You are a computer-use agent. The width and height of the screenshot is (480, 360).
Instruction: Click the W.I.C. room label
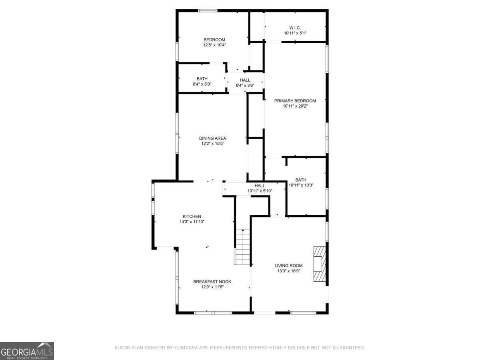click(x=295, y=28)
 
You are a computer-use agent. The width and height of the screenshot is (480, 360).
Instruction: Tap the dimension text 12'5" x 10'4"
click(x=214, y=45)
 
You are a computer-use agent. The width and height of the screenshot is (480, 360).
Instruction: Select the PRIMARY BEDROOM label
click(x=295, y=101)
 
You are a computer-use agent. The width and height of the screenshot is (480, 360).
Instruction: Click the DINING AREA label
click(x=212, y=138)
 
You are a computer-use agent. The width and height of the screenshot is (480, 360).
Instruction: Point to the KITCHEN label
click(x=192, y=216)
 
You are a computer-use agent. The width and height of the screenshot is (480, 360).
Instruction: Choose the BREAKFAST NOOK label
click(x=212, y=282)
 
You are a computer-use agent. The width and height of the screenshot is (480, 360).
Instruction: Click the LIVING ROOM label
click(x=288, y=266)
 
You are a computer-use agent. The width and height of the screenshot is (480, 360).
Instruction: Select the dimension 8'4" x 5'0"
click(x=202, y=84)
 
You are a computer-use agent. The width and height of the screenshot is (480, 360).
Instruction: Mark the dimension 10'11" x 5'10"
click(x=260, y=191)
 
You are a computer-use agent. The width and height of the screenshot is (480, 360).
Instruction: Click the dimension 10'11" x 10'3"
click(x=300, y=185)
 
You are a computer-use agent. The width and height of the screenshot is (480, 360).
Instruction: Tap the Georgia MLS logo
click(x=27, y=351)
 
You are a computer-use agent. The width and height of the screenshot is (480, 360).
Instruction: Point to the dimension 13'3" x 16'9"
click(x=288, y=271)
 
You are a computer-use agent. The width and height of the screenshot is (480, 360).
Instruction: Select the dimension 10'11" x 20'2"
click(x=295, y=106)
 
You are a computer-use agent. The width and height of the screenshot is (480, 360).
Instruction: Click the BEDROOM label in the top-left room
click(x=214, y=40)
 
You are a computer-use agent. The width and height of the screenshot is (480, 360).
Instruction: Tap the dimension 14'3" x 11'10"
click(x=192, y=222)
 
